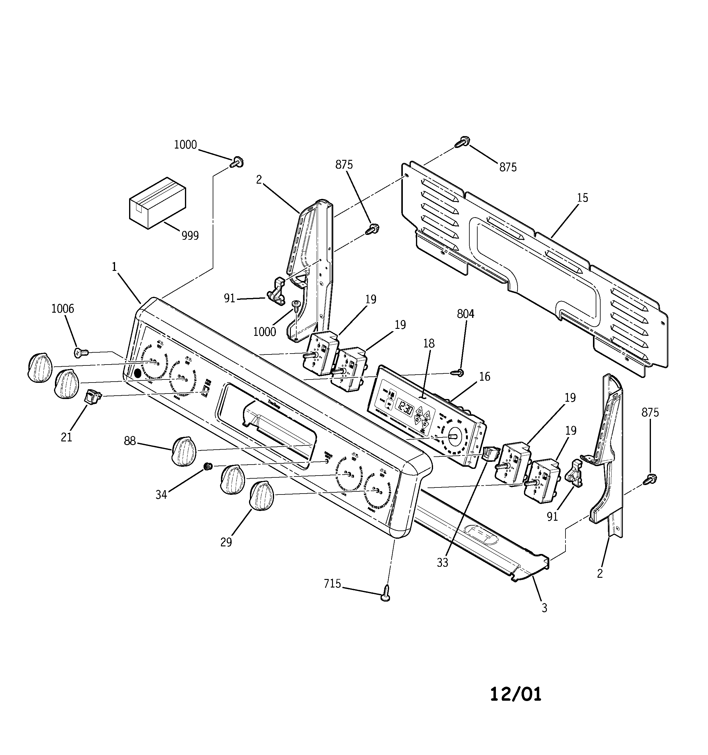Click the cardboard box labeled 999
click(157, 203)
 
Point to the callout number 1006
click(63, 308)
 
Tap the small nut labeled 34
click(208, 466)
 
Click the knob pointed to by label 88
click(184, 451)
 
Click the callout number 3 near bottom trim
click(544, 608)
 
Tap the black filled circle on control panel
click(137, 373)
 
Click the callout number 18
click(429, 343)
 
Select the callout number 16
click(485, 376)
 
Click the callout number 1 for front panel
click(114, 267)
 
